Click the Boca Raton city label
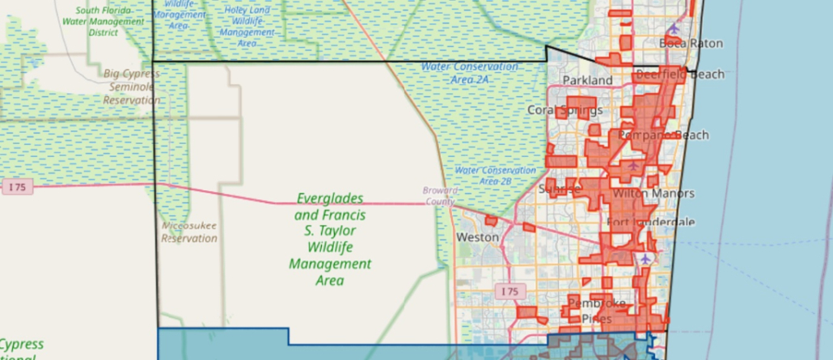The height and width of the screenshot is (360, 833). click(x=691, y=43)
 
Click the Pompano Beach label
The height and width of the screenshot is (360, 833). click(x=664, y=135)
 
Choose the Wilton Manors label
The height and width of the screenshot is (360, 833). click(x=653, y=194)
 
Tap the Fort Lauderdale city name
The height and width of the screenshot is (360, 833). click(x=650, y=222)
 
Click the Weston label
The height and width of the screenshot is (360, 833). click(x=471, y=238)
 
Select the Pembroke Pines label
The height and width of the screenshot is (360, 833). click(x=597, y=310)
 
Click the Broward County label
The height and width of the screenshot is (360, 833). click(x=440, y=195)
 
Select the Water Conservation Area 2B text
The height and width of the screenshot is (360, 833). click(x=495, y=176)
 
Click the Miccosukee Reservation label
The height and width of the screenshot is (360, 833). click(x=189, y=232)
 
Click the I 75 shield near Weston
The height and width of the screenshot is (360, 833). click(x=509, y=290)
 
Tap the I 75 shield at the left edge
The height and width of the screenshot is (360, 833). click(x=17, y=187)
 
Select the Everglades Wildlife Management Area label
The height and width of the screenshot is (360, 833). click(x=330, y=239)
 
